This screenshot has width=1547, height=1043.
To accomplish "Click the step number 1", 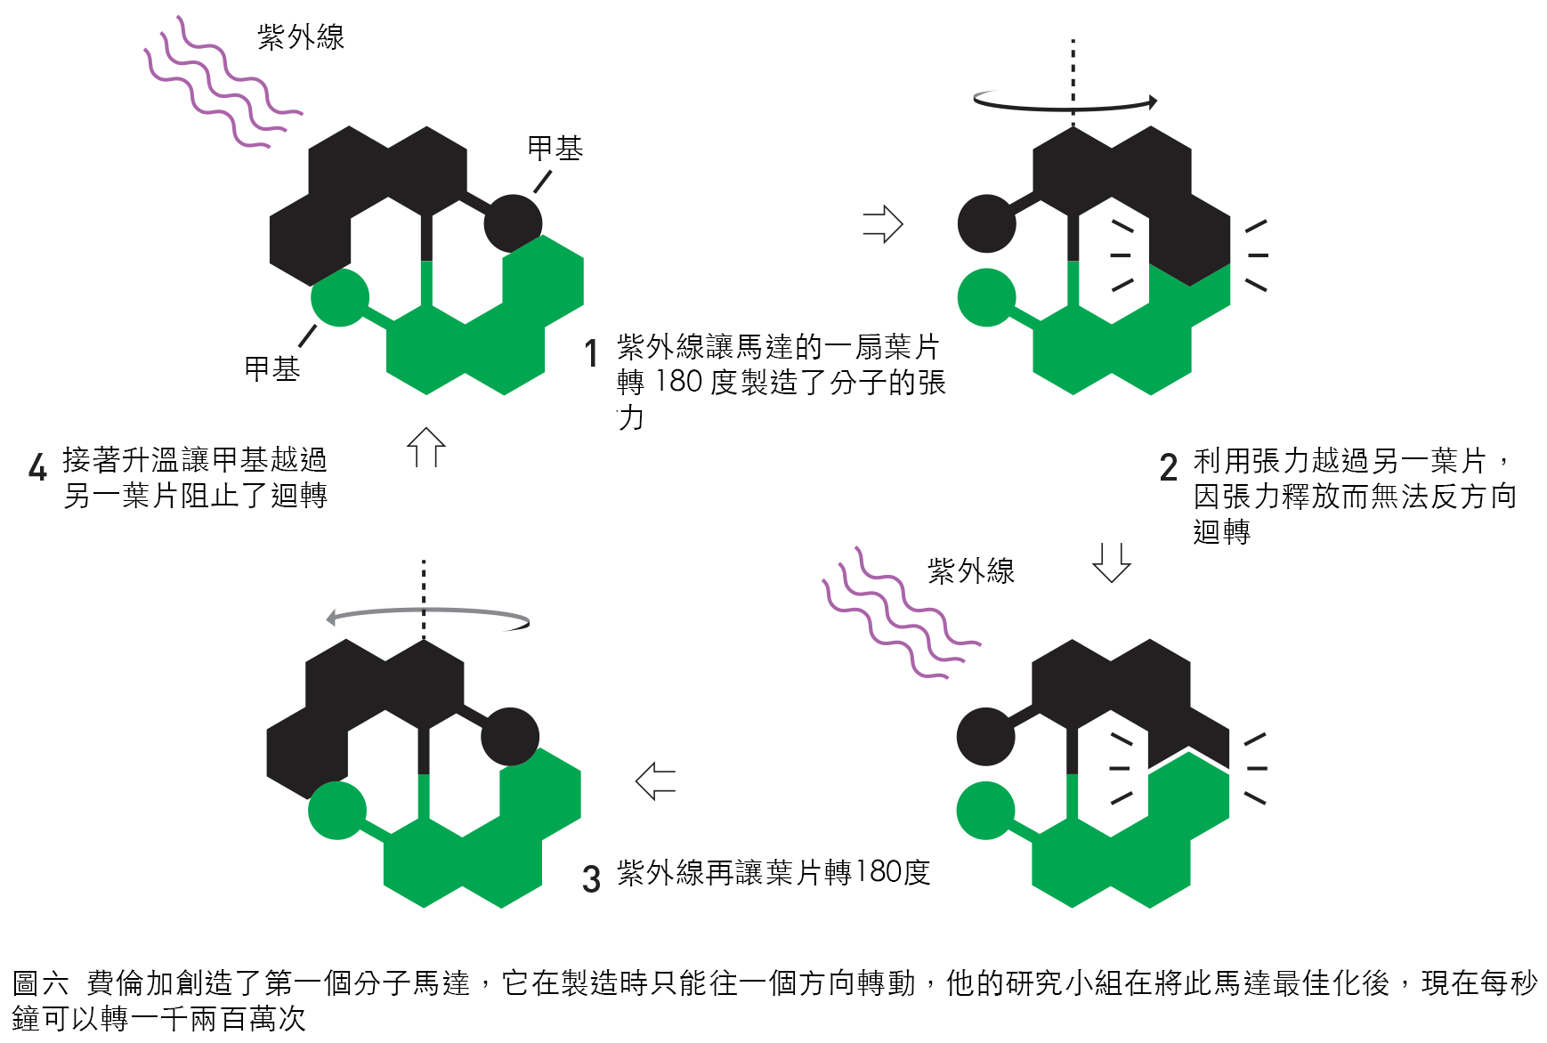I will [590, 353].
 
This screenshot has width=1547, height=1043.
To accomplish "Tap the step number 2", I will [1169, 467].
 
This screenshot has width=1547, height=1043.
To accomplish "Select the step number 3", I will [591, 878].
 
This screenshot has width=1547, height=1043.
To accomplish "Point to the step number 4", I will [37, 467].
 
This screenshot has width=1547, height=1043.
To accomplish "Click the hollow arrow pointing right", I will [883, 224].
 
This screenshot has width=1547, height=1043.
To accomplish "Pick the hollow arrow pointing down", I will [1111, 562].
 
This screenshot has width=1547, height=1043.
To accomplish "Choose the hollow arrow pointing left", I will [656, 781].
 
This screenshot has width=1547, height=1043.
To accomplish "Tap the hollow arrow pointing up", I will [425, 447].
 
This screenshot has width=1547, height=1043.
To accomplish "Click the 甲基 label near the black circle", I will [555, 149].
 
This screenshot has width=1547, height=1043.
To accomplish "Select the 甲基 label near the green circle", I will [271, 368].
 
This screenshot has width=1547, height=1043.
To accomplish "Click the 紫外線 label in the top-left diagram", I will [301, 37].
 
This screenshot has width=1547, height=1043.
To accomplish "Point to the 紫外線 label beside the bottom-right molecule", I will [971, 571].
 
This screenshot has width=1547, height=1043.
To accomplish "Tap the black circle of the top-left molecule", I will [513, 223].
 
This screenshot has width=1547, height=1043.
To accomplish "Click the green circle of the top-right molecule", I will [986, 297].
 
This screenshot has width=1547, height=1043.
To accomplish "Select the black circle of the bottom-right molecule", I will [985, 737].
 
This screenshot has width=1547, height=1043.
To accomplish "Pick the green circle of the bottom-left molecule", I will [336, 811].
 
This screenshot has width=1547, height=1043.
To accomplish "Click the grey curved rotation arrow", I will [427, 615].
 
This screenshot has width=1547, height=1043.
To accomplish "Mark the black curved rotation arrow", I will [1065, 103].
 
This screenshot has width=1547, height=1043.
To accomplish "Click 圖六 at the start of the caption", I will [40, 983].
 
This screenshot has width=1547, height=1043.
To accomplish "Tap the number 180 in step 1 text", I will [678, 382].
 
